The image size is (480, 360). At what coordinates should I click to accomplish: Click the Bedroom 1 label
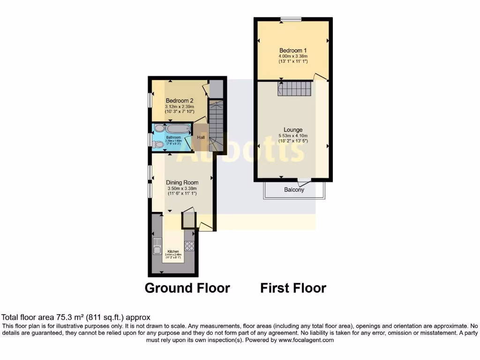293,51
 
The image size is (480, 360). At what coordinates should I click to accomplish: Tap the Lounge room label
293,129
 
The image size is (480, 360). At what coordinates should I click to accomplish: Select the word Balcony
294,190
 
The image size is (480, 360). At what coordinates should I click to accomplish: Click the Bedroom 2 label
180,100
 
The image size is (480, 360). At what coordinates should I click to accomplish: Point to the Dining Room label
182,182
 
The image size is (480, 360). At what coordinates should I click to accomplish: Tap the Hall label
201,137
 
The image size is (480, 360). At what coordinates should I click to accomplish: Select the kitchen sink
157,246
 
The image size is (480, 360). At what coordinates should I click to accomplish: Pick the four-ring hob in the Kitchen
189,246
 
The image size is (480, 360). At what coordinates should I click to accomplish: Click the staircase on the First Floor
294,88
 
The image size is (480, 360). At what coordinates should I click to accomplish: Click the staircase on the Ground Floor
216,126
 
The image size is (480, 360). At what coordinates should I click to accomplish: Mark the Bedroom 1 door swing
320,76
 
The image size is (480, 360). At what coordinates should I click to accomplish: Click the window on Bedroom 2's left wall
150,100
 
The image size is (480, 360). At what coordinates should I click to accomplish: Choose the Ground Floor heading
187,287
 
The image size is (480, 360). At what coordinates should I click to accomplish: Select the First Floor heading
293,287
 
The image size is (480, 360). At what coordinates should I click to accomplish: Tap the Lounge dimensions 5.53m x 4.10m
293,135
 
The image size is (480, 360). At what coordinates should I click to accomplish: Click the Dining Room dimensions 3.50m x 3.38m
182,188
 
